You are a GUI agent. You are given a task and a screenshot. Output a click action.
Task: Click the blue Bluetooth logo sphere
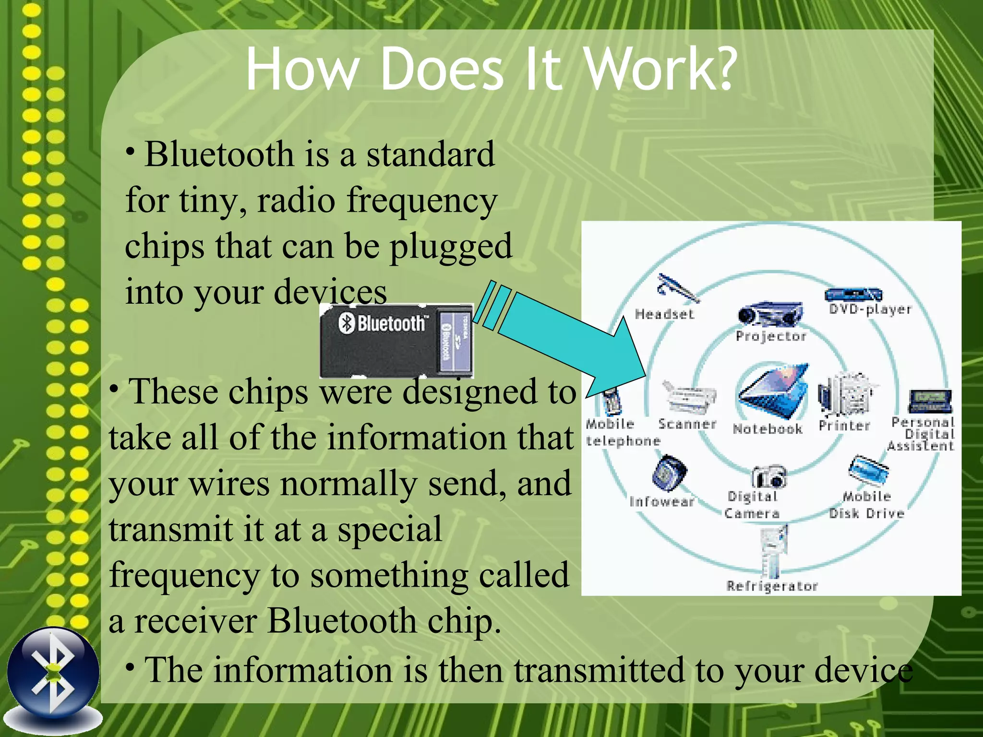coord(53,672)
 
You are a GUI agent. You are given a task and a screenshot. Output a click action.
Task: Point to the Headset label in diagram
coord(664,314)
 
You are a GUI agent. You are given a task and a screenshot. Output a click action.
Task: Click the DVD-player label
coord(870,309)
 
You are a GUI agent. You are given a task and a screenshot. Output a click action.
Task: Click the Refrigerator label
coord(772,586)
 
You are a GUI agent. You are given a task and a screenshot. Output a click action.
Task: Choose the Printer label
coord(844,426)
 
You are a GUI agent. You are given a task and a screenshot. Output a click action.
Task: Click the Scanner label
coord(687,424)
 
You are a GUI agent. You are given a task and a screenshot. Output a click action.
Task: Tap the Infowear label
coord(661,502)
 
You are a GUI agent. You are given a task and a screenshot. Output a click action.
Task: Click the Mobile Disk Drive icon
coord(868,470)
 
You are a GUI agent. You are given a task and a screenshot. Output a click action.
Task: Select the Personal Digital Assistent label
coord(922,434)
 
